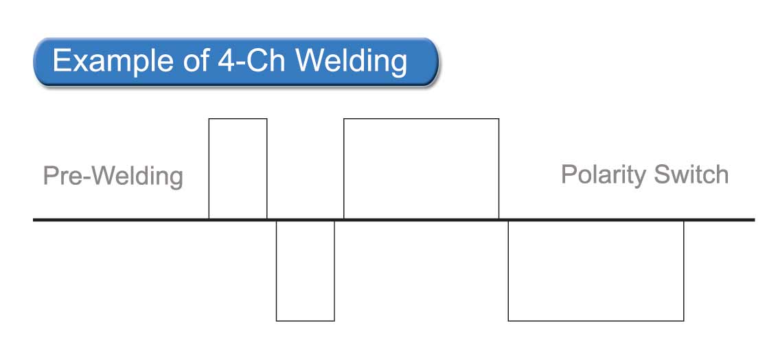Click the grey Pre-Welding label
(113, 177)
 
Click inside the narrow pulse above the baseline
(238, 169)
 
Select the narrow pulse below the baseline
(305, 270)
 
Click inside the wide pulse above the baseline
(421, 169)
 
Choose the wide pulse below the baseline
(596, 270)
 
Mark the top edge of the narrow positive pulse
(238, 119)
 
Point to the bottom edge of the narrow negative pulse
(305, 321)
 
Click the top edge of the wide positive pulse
(421, 119)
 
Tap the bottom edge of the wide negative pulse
(596, 321)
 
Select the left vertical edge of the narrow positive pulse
(209, 169)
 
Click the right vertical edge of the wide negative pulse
(684, 270)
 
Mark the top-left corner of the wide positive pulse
(344, 119)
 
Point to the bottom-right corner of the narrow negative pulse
(334, 321)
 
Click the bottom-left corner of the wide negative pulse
(508, 321)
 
